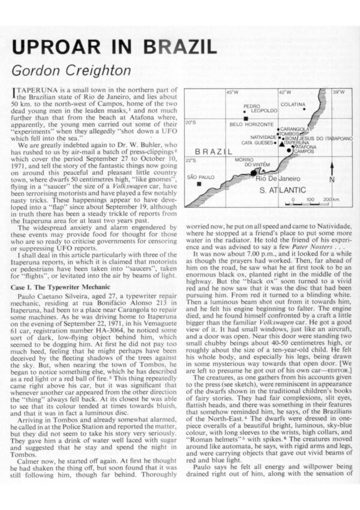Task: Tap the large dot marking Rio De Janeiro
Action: (x=254, y=172)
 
